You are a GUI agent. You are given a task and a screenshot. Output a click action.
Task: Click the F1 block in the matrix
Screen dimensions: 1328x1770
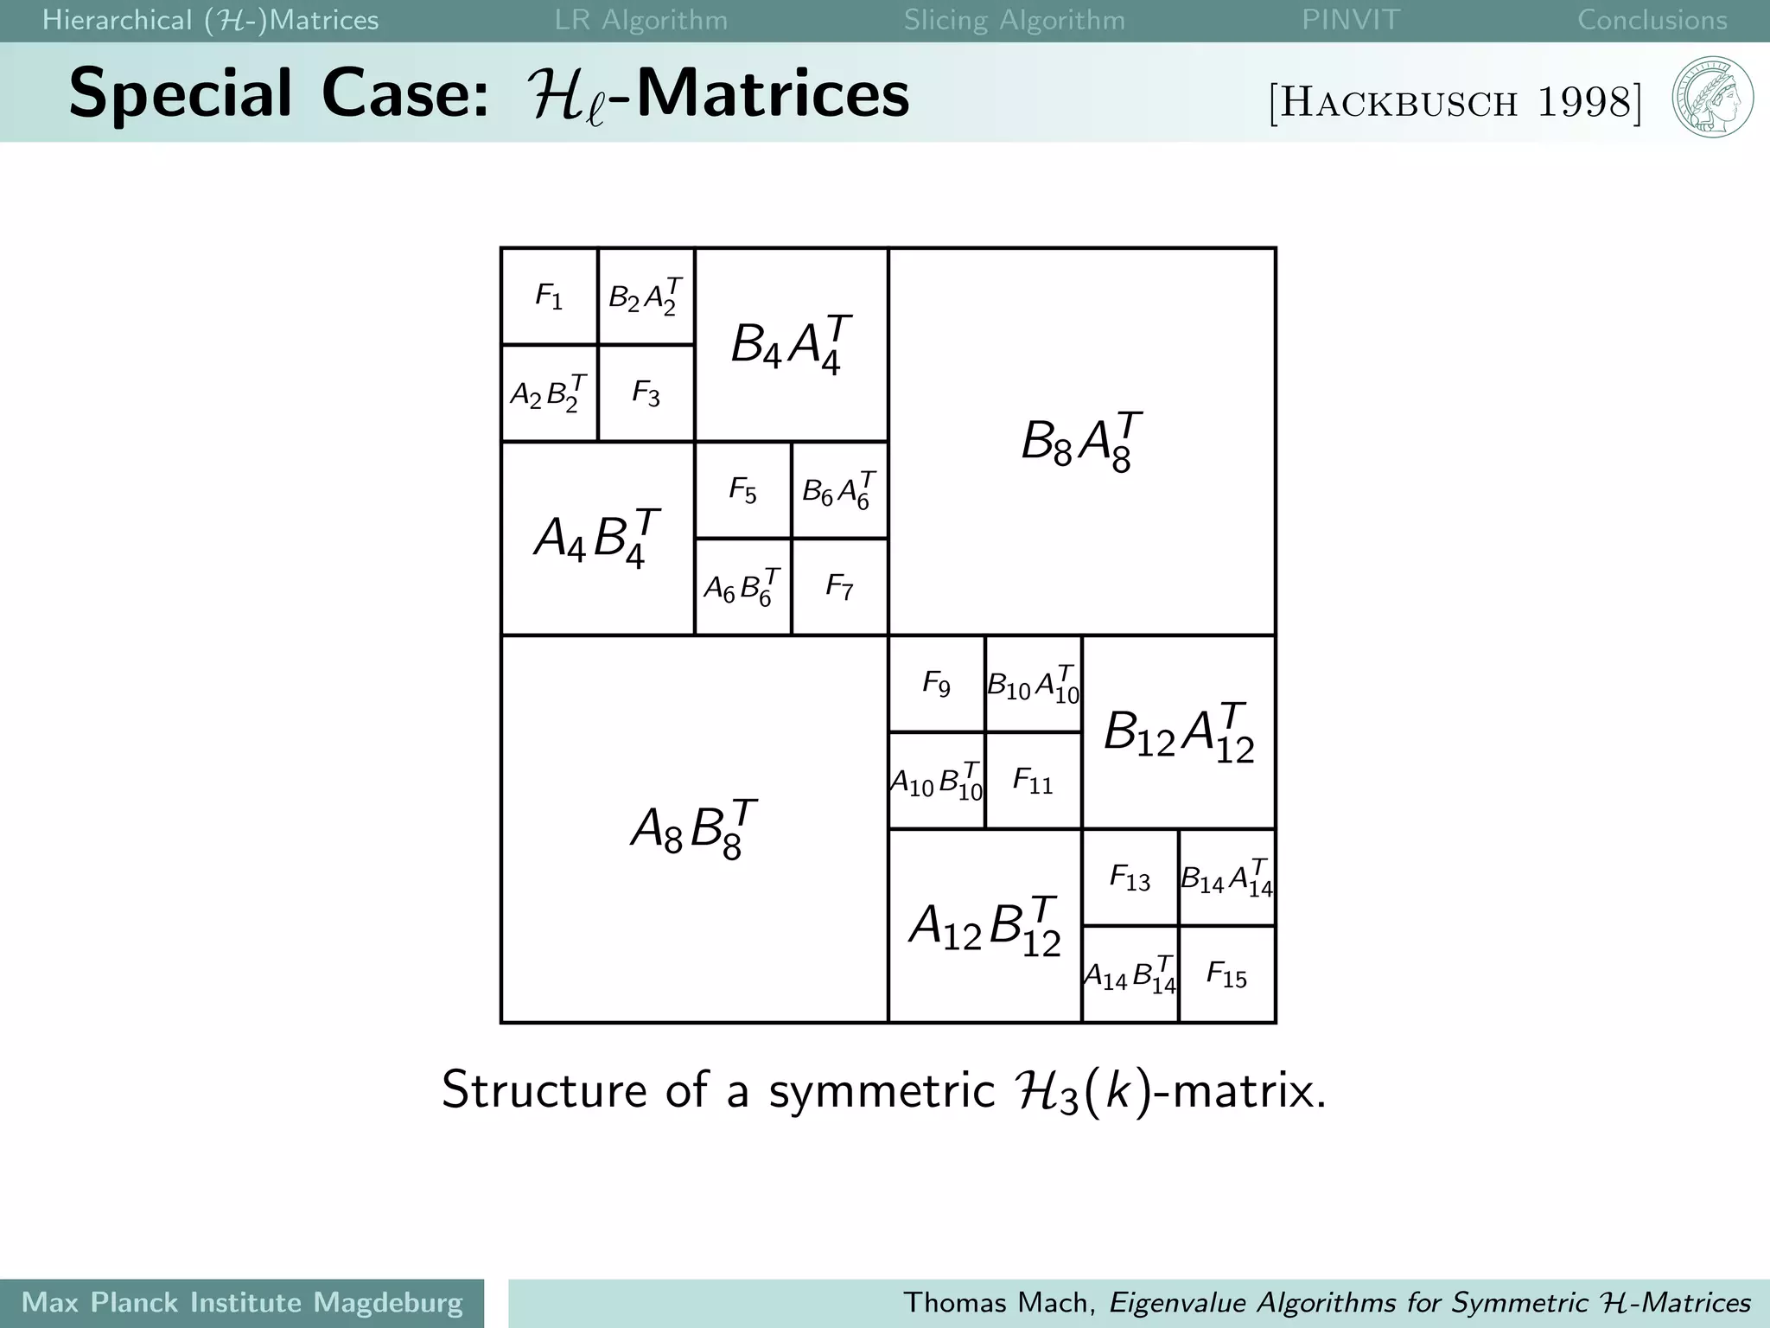pyautogui.click(x=550, y=297)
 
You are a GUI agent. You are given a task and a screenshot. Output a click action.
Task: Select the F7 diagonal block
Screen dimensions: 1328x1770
pyautogui.click(x=839, y=587)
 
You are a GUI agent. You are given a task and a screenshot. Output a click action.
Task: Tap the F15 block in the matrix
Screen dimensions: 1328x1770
pyautogui.click(x=1226, y=974)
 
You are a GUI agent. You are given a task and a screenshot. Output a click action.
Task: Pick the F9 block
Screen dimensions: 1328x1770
pyautogui.click(x=937, y=684)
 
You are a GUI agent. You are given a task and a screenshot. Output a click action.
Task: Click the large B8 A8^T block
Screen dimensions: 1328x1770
pyautogui.click(x=1081, y=442)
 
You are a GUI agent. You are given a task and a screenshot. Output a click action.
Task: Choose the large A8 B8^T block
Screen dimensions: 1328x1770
pyautogui.click(x=694, y=829)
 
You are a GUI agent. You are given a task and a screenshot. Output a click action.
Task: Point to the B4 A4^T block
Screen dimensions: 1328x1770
pyautogui.click(x=791, y=345)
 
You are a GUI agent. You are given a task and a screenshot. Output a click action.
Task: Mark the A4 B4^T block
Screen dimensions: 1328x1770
pyautogui.click(x=597, y=539)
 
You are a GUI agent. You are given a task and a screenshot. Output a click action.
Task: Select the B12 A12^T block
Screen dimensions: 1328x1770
pyautogui.click(x=1179, y=732)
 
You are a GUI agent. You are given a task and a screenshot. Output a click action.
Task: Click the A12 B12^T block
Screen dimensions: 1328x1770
pyautogui.click(x=984, y=926)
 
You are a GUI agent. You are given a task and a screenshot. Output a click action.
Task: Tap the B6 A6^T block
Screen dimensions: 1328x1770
pyautogui.click(x=839, y=490)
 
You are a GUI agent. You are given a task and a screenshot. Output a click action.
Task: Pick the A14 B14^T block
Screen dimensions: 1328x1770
pyautogui.click(x=1130, y=974)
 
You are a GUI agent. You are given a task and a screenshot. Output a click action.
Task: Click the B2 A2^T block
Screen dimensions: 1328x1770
pyautogui.click(x=646, y=297)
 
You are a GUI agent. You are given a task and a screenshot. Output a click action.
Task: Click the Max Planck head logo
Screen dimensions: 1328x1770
pyautogui.click(x=1712, y=97)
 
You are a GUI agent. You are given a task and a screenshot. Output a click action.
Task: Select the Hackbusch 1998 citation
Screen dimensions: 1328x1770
pyautogui.click(x=1455, y=102)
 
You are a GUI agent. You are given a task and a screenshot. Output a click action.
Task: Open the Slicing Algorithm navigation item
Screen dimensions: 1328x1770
pyautogui.click(x=1014, y=20)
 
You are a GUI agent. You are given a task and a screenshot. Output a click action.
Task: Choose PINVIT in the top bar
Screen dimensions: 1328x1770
pyautogui.click(x=1350, y=20)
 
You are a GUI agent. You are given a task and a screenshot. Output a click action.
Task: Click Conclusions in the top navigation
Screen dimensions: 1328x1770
pyautogui.click(x=1652, y=20)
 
